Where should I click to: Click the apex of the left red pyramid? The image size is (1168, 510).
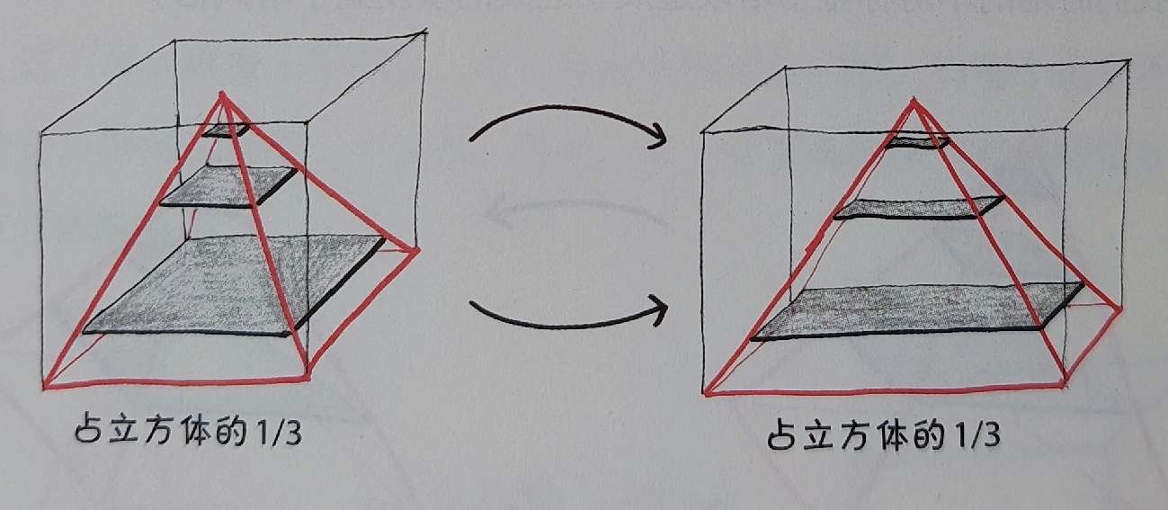click(223, 94)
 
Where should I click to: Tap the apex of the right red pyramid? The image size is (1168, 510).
click(913, 99)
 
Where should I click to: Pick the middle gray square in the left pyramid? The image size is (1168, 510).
click(228, 187)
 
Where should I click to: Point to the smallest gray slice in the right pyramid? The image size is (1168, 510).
click(916, 142)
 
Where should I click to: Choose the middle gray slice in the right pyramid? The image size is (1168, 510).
click(919, 208)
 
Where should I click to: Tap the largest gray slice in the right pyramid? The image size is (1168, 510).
click(918, 311)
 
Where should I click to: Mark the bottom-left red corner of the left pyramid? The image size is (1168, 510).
click(45, 387)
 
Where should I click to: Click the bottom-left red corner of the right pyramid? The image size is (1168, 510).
click(706, 394)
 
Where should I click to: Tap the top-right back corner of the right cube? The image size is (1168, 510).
click(1129, 61)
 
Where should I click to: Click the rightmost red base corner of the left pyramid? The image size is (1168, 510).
click(418, 251)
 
